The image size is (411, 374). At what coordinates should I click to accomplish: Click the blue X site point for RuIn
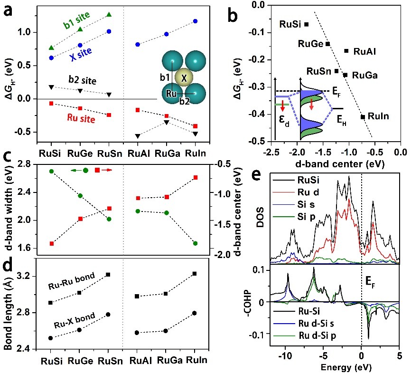195,21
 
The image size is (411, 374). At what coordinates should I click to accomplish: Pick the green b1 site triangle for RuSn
109,15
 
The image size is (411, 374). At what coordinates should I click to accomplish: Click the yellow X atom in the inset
185,77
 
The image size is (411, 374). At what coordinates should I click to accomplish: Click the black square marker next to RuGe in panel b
327,44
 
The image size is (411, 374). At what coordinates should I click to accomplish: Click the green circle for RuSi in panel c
51,171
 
